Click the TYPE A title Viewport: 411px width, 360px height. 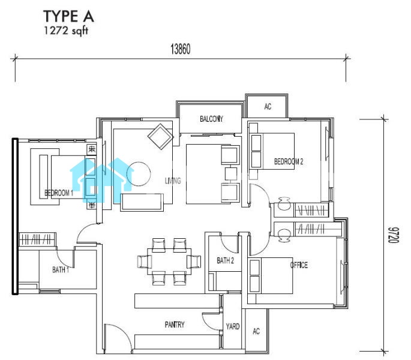[68, 16]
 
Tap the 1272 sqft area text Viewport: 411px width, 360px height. [66, 31]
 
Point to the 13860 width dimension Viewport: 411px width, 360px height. [181, 49]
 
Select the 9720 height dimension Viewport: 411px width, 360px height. [393, 235]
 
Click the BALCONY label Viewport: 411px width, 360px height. [211, 119]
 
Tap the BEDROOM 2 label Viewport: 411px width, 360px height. [289, 161]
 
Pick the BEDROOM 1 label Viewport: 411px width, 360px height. [59, 193]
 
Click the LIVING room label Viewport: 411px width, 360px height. [173, 181]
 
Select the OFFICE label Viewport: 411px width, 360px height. [299, 265]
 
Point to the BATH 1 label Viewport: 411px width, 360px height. [61, 269]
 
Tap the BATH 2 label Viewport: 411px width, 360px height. [225, 260]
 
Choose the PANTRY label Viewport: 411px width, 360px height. [175, 325]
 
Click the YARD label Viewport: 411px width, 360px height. [233, 326]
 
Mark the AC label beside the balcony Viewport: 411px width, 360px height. [268, 106]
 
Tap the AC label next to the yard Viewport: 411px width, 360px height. [256, 331]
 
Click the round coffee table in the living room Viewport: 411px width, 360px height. [139, 174]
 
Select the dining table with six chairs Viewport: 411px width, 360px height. [169, 262]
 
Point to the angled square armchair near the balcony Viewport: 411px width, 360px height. [160, 137]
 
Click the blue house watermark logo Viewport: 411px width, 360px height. [102, 180]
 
